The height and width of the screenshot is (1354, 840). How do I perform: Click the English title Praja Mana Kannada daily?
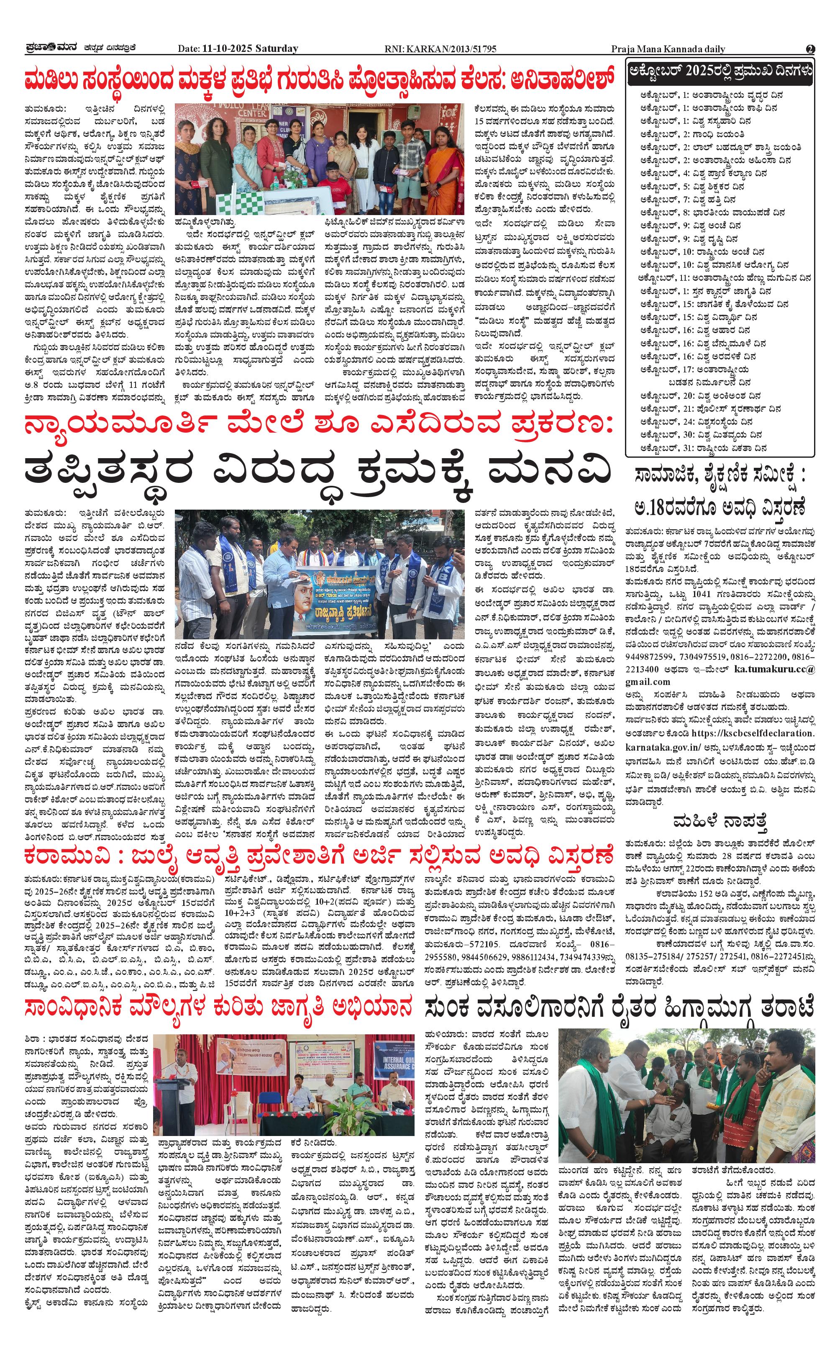(x=667, y=49)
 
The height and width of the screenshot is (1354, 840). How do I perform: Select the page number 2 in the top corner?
(x=810, y=49)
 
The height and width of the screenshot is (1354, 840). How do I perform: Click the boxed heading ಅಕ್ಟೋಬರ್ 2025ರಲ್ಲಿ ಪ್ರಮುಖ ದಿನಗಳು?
(x=720, y=72)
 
